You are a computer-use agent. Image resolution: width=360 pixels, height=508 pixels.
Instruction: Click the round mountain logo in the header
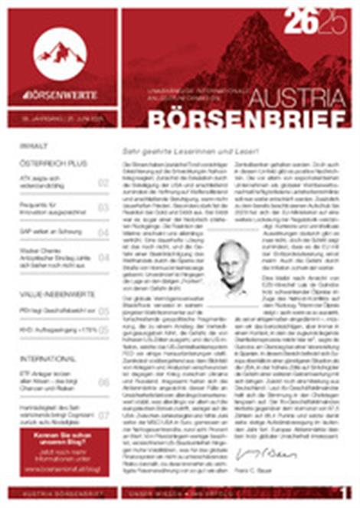coord(60,52)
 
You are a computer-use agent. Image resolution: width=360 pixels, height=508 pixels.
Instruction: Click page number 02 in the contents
coord(103,183)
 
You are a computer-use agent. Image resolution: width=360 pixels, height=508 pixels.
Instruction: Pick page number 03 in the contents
coord(103,208)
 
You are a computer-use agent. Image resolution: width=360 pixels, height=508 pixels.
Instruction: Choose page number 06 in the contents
coord(103,382)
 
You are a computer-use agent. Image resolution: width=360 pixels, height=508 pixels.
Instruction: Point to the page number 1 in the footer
coord(346,491)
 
